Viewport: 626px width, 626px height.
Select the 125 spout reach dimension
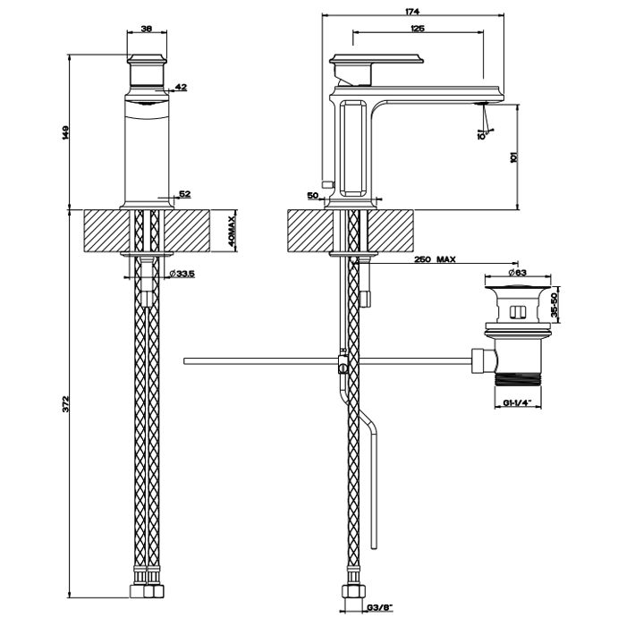click(418, 29)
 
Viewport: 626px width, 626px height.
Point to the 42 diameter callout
click(181, 87)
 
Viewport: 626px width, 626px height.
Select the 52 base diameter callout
click(185, 193)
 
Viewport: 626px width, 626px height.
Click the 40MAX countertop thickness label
click(231, 232)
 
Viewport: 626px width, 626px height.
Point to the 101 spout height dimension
click(512, 156)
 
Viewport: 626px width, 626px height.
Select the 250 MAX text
click(436, 259)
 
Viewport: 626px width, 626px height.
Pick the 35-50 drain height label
click(554, 308)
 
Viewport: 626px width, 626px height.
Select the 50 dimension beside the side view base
click(313, 194)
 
